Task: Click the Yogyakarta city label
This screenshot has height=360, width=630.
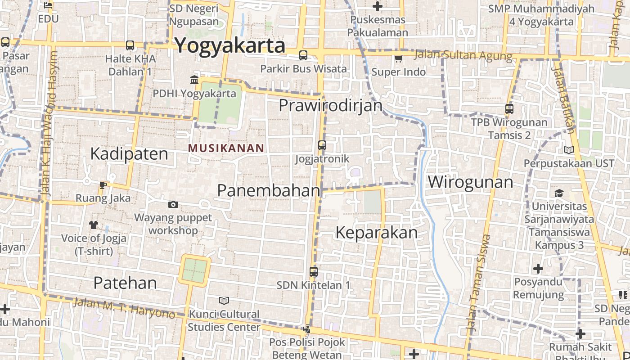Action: (x=229, y=46)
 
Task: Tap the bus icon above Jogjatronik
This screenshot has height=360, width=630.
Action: (x=322, y=145)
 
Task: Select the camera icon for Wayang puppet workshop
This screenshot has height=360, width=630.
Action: (x=173, y=205)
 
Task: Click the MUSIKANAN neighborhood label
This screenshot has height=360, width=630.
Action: (x=226, y=148)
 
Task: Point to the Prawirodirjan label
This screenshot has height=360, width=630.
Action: (x=330, y=106)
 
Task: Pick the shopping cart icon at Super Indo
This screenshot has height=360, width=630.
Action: (x=398, y=59)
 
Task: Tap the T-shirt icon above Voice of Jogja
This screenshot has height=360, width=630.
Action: (x=94, y=225)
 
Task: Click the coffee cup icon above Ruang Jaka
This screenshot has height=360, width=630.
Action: (x=103, y=184)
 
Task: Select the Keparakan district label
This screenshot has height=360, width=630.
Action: (x=377, y=233)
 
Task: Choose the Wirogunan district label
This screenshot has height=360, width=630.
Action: (x=470, y=182)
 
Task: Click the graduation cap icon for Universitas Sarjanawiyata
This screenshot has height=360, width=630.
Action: (x=559, y=193)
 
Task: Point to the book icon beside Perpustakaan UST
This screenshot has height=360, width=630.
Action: (x=569, y=150)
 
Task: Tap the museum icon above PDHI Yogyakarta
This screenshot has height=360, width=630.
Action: (x=194, y=80)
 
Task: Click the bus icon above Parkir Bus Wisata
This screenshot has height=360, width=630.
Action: (x=303, y=55)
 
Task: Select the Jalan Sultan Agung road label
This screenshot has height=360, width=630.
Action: (x=463, y=56)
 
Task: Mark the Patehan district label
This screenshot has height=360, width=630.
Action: (x=125, y=283)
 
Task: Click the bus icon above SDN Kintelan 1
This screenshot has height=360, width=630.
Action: (x=314, y=272)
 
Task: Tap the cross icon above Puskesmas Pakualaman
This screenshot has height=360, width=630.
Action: (x=378, y=6)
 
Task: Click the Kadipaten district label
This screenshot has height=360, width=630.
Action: (x=129, y=154)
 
